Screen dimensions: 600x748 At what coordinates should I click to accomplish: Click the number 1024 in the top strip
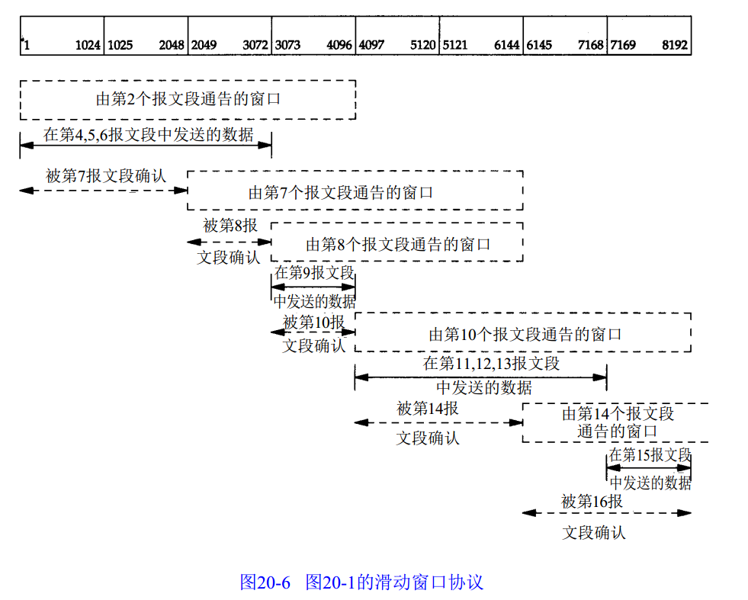tap(88, 46)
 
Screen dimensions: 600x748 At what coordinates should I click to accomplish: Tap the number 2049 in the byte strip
tap(204, 46)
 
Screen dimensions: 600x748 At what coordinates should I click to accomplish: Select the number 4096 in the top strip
tap(339, 46)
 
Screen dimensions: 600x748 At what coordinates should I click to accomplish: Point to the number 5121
tap(455, 46)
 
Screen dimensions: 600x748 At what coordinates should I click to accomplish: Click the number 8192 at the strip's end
tap(675, 46)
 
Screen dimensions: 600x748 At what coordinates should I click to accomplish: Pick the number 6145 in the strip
tap(539, 46)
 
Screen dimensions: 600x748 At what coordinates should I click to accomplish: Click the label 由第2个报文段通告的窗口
tap(188, 99)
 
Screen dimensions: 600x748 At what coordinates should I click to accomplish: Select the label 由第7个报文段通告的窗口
tap(341, 193)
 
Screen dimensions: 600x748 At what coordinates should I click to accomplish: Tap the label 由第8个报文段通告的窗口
tap(398, 244)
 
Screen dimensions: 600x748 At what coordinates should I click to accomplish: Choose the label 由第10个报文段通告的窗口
tap(525, 334)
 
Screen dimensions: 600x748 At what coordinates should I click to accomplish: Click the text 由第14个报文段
tap(618, 413)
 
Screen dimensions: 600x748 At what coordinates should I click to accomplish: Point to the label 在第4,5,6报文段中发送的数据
tap(148, 136)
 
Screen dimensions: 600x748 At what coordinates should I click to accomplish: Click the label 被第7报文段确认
tap(105, 176)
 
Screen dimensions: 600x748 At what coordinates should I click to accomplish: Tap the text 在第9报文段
tap(314, 272)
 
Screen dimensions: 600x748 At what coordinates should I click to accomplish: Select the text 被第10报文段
tap(313, 322)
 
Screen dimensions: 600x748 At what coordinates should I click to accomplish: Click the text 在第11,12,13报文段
tap(492, 363)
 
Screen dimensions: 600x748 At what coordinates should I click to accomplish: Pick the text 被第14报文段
tap(428, 409)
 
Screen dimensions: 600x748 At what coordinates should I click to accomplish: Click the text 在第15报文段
tap(650, 455)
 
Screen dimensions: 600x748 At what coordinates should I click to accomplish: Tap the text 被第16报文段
tap(592, 502)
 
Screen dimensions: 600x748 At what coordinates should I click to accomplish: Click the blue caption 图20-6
tap(265, 582)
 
